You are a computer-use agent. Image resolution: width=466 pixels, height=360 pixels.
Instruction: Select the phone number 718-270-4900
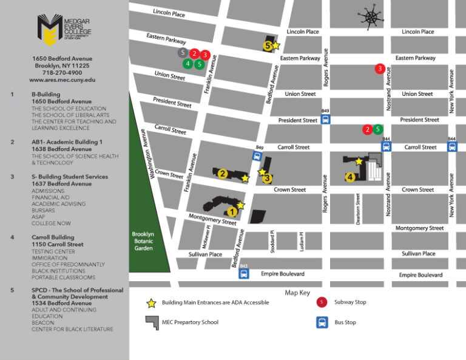[x=62, y=72]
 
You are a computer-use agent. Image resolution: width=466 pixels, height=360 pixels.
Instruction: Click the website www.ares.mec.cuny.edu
[x=62, y=80]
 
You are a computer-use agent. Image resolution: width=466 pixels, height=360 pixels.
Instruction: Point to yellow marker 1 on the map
[x=231, y=211]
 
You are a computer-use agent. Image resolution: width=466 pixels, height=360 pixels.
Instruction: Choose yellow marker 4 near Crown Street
[x=350, y=177]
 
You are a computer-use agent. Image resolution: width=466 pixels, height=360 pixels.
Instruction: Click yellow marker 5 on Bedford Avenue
[x=268, y=44]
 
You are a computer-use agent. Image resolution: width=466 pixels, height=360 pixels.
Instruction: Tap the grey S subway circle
[x=183, y=53]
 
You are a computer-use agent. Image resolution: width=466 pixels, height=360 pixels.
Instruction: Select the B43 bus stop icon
[x=244, y=273]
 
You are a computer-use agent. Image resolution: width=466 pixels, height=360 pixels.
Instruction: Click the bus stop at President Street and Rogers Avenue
[x=326, y=119]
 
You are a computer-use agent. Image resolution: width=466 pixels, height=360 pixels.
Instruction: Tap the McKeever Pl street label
[x=208, y=237]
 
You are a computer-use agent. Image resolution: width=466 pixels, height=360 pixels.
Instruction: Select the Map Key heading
[x=297, y=293]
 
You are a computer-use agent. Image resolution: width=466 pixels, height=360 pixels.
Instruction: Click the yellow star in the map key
[x=151, y=302]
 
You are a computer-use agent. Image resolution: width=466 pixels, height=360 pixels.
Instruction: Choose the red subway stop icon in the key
[x=322, y=302]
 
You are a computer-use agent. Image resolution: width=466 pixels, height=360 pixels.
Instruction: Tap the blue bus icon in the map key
[x=322, y=322]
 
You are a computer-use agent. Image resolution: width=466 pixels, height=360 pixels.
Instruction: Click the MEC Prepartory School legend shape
[x=151, y=322]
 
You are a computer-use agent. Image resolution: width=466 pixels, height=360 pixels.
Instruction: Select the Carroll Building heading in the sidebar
[x=53, y=237]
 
